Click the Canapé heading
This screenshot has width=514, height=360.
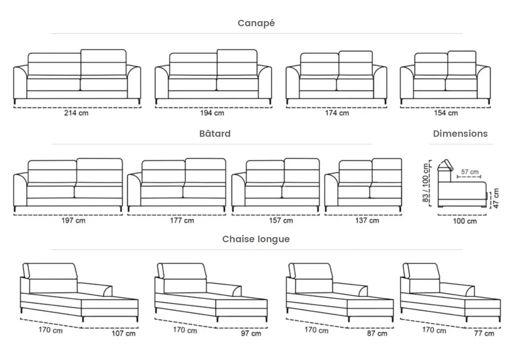[256, 23]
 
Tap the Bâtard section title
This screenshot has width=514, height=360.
[215, 134]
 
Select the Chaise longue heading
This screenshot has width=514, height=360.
[256, 239]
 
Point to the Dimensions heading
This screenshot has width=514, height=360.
[460, 134]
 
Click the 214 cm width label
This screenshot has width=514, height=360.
[76, 113]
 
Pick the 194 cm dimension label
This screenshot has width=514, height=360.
[212, 113]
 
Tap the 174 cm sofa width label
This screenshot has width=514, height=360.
[337, 113]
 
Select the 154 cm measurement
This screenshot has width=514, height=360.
[446, 113]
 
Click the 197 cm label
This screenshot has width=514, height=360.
[73, 220]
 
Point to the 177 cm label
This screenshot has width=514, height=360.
[182, 220]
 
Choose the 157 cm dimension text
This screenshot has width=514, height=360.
[281, 220]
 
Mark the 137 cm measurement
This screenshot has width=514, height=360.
[367, 220]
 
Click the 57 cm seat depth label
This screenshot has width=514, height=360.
[470, 172]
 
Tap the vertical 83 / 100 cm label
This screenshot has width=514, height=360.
[426, 183]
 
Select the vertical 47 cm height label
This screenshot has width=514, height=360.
[496, 199]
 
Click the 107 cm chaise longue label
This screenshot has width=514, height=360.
[124, 333]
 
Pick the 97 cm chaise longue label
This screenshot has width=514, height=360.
[251, 333]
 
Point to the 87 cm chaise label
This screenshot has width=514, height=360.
[377, 333]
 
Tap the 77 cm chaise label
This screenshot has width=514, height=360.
[484, 333]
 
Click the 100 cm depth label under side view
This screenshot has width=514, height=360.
[465, 221]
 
